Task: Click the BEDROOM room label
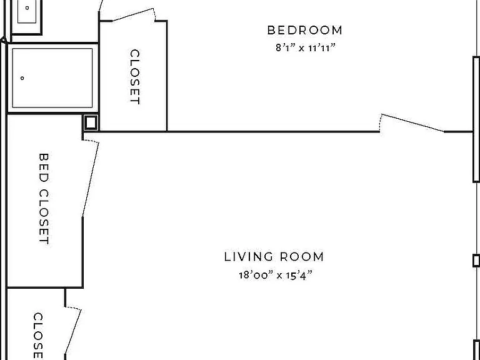(304, 30)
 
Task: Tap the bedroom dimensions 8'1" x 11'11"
(306, 47)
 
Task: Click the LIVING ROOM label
(274, 256)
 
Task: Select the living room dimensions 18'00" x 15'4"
(276, 275)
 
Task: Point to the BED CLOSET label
(44, 199)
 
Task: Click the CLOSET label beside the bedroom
(135, 77)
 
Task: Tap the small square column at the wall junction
(91, 122)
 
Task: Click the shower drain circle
(22, 78)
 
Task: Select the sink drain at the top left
(27, 8)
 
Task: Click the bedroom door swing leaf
(412, 123)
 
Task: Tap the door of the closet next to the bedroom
(133, 15)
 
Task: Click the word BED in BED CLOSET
(44, 167)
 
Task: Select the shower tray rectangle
(52, 78)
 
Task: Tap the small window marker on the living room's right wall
(476, 261)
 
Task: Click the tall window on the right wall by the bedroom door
(476, 119)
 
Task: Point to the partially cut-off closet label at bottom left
(38, 336)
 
